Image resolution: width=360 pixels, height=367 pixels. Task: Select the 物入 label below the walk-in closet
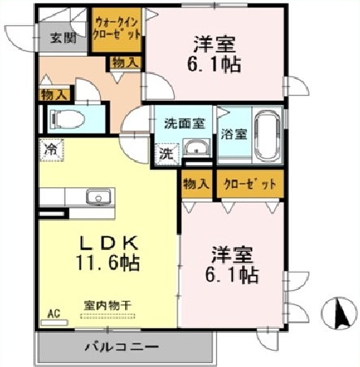[123, 62]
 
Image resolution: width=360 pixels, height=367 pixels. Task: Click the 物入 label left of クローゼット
[196, 184]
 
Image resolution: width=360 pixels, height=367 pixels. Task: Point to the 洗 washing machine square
[166, 151]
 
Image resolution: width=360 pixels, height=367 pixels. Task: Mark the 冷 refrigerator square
[49, 150]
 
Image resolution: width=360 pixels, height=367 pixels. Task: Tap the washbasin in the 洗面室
[196, 148]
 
